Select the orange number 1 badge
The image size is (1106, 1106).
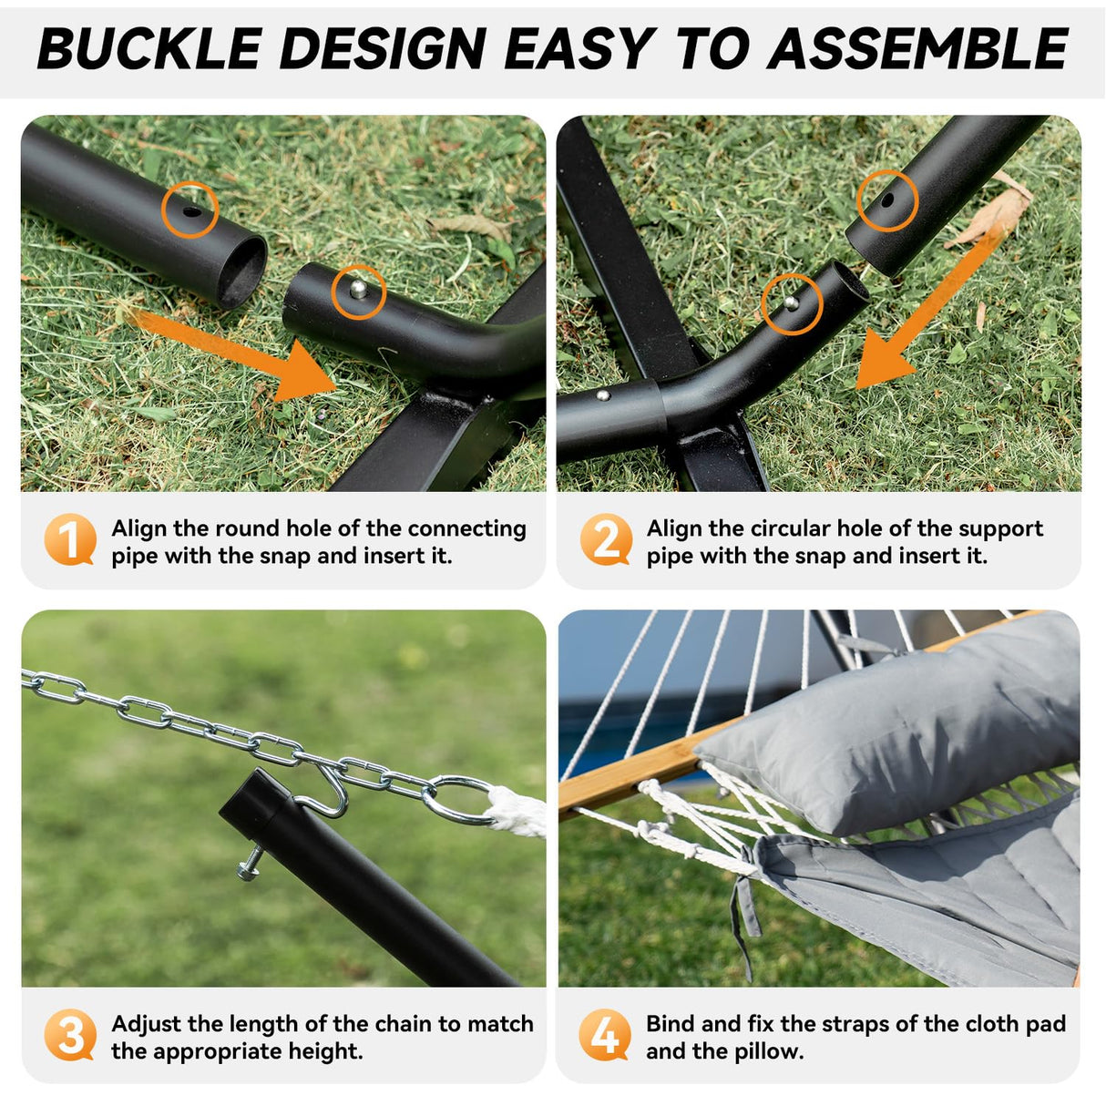point(69,539)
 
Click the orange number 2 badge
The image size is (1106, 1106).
point(606,539)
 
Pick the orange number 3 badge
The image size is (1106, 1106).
point(69,1035)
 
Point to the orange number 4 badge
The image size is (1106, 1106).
point(604,1035)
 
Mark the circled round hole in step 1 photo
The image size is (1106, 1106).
point(191,210)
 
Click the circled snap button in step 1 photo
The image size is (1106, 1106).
point(360,291)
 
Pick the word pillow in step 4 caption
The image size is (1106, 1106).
point(770,1050)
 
